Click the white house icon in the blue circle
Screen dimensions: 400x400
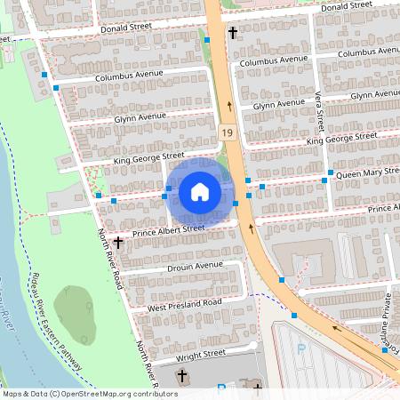200,192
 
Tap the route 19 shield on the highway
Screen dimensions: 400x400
228,132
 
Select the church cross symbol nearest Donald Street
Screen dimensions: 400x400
233,33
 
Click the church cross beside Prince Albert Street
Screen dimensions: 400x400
117,242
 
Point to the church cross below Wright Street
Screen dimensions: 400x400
182,377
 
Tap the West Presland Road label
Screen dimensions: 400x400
184,304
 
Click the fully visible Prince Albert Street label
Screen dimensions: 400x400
169,229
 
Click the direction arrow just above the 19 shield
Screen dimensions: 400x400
229,105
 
